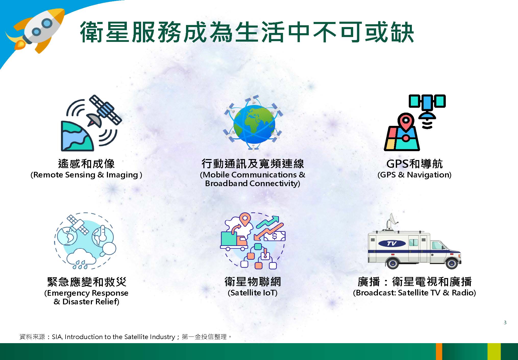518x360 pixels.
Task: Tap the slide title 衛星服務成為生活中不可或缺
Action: pos(246,32)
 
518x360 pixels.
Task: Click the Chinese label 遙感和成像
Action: pos(87,164)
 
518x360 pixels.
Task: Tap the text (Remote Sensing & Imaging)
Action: pos(86,175)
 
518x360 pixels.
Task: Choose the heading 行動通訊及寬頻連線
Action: pos(253,164)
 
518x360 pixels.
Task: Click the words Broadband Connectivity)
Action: pos(253,184)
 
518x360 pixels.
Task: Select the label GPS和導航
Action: pos(414,164)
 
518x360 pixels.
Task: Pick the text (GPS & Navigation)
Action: pos(414,175)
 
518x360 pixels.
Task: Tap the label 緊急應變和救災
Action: pos(87,282)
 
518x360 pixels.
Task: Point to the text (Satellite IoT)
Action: pos(252,293)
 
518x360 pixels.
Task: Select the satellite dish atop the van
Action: pos(392,221)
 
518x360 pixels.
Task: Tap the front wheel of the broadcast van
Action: pos(452,262)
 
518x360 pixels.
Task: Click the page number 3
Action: pos(505,322)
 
